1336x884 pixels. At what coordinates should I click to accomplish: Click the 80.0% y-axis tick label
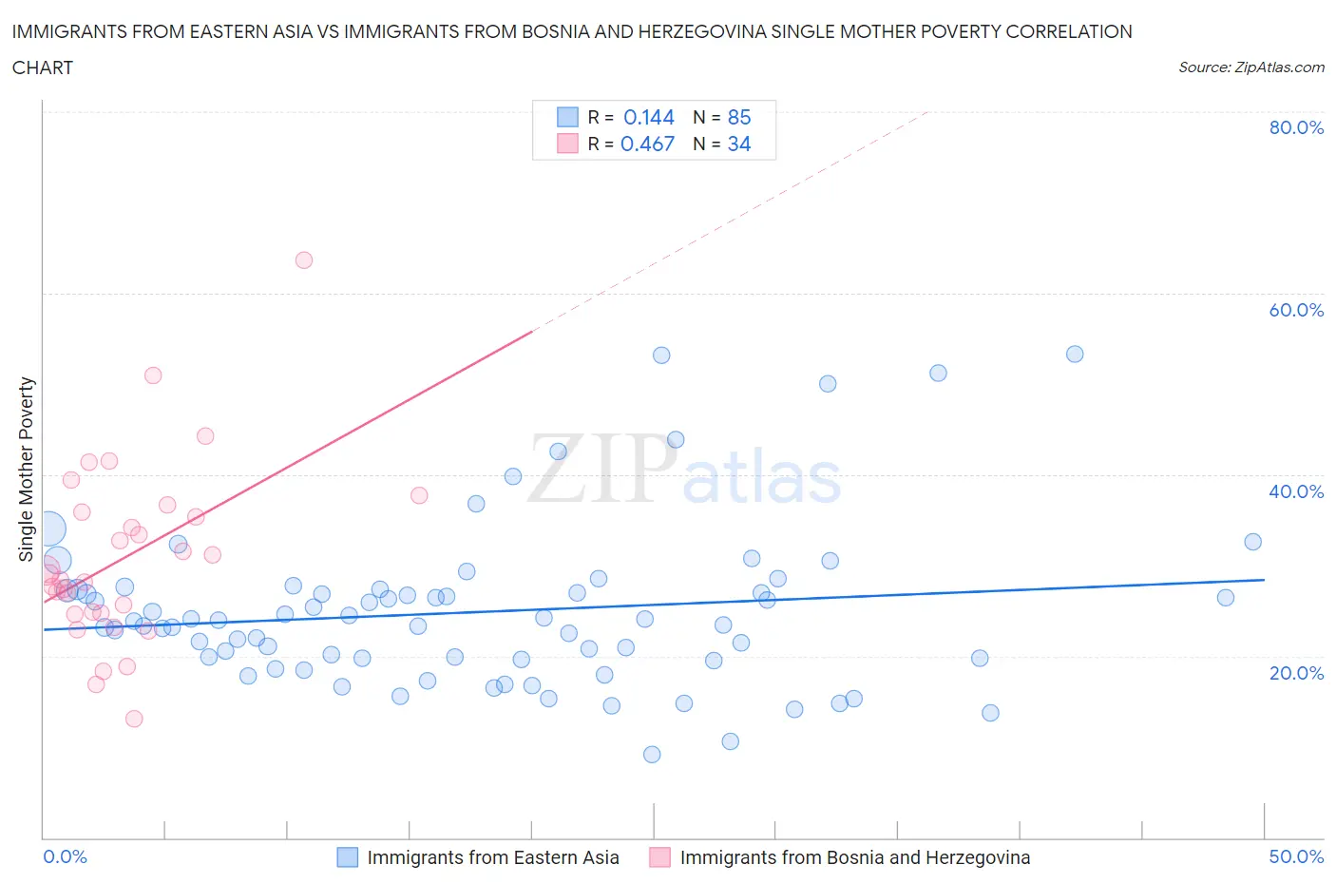tap(1296, 127)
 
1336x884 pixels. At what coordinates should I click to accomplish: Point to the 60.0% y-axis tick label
tap(1296, 310)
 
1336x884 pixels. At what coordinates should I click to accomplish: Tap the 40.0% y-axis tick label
tap(1296, 491)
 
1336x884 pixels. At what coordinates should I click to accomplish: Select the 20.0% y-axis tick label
tap(1296, 673)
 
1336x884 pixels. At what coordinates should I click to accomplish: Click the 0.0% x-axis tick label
tap(65, 856)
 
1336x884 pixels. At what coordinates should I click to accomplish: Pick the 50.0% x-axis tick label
tap(1296, 856)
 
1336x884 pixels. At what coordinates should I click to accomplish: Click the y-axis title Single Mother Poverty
tap(27, 469)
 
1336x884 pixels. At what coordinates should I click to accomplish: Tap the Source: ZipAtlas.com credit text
tap(1250, 67)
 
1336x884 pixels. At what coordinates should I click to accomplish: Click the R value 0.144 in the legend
tap(648, 117)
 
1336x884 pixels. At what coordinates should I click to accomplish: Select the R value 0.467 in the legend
tap(647, 144)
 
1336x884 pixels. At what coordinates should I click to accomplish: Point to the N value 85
tap(738, 117)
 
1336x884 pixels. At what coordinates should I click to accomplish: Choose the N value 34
tap(738, 144)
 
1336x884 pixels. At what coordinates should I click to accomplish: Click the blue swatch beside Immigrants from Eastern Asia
tap(348, 857)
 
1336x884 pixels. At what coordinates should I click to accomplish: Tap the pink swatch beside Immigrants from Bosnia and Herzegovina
tap(659, 857)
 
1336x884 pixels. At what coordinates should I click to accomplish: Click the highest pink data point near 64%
tap(304, 260)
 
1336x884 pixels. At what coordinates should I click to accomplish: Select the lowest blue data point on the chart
tap(652, 755)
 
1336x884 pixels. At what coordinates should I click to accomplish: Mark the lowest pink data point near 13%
tap(134, 719)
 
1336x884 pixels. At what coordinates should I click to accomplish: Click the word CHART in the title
tap(43, 67)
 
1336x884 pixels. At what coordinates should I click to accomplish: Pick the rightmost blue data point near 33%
tap(1252, 542)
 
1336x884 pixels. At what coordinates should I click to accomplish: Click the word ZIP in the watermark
tap(599, 469)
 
